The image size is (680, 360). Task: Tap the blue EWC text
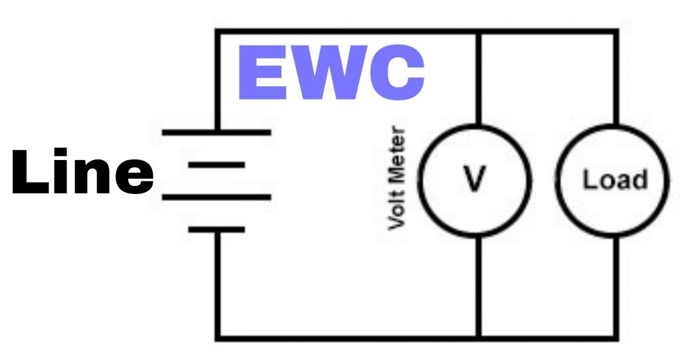[330, 75]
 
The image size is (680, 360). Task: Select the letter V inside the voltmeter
[475, 180]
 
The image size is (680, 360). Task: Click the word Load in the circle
[615, 180]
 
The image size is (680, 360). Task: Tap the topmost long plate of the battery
[216, 132]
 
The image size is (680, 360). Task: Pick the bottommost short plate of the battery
[216, 230]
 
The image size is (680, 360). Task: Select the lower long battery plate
[216, 197]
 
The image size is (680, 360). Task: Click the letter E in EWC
[260, 75]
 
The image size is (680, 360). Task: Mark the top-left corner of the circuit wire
[216, 31]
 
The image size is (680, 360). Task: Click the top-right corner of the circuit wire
[616, 31]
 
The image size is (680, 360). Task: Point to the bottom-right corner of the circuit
[616, 337]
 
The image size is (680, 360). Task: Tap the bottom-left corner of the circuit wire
[216, 337]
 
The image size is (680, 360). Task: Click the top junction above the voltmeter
[477, 31]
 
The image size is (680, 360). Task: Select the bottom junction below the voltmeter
[477, 337]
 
